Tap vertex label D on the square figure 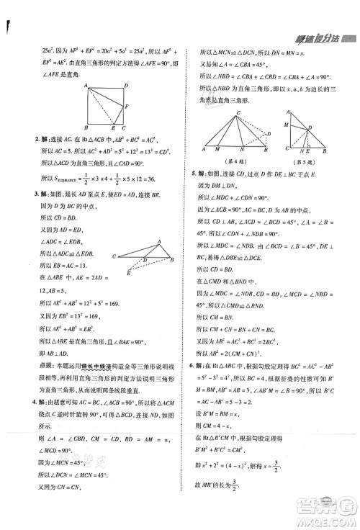coord(127,85)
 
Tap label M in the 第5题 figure coord(286,125)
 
